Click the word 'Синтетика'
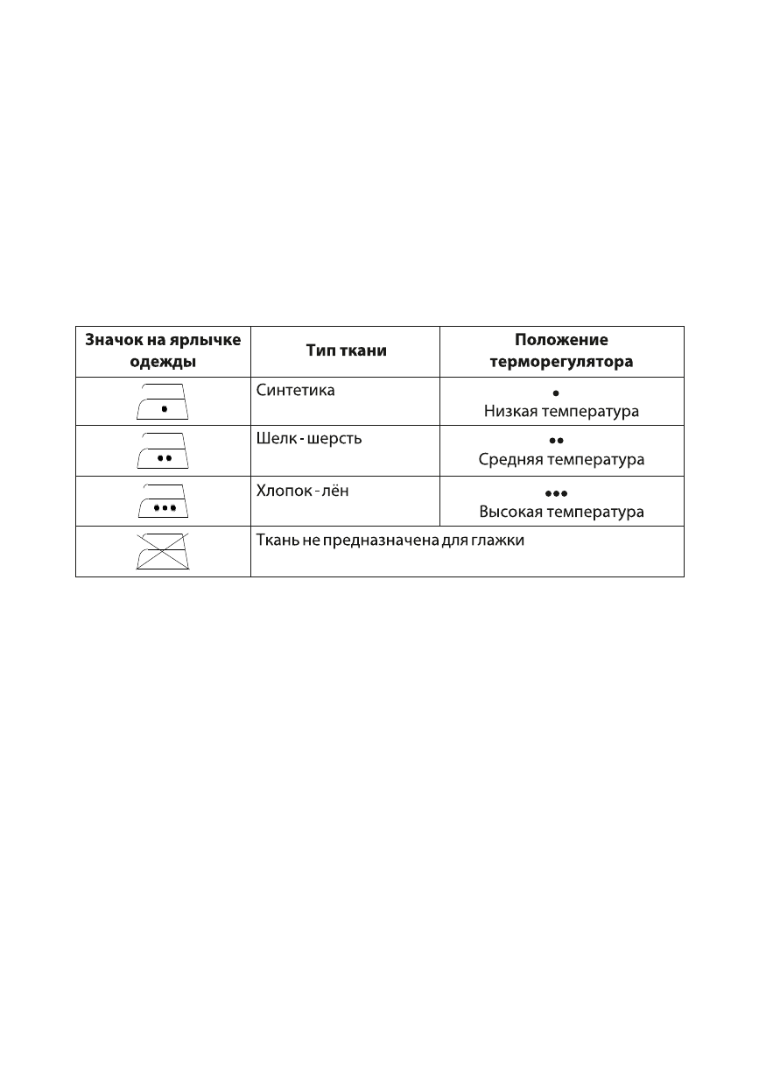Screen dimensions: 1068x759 tap(295, 390)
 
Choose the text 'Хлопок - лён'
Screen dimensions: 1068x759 tap(302, 490)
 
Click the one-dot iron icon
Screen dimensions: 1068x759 tap(163, 401)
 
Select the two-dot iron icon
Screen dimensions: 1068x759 tap(163, 450)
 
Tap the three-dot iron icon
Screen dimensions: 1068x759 tap(163, 500)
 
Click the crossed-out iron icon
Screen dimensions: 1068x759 tap(163, 551)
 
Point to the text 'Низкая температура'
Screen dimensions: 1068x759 tap(561, 410)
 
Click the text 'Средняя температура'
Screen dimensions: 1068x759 tap(561, 459)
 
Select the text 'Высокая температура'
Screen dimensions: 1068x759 tap(561, 511)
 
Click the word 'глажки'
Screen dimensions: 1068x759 tap(500, 541)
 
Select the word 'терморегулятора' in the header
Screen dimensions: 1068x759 tap(561, 361)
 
